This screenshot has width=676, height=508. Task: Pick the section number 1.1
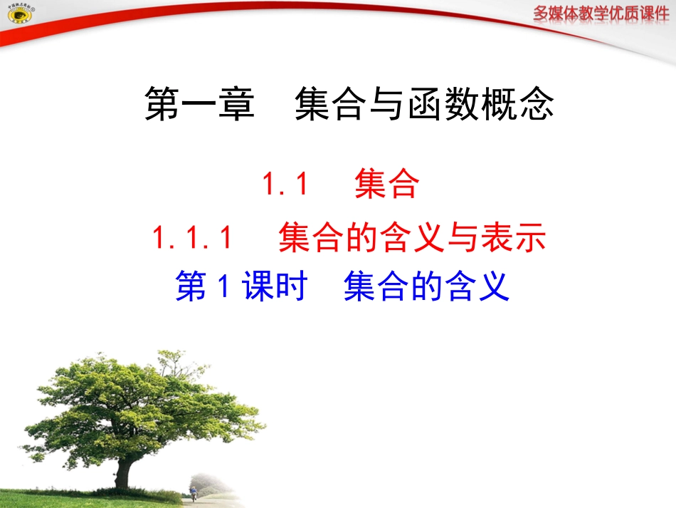[x=285, y=186]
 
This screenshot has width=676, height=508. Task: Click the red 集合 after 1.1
[x=386, y=186]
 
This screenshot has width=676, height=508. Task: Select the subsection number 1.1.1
[x=192, y=238]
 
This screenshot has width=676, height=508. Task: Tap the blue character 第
[x=190, y=287]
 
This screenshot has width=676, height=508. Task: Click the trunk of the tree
[x=125, y=470]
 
